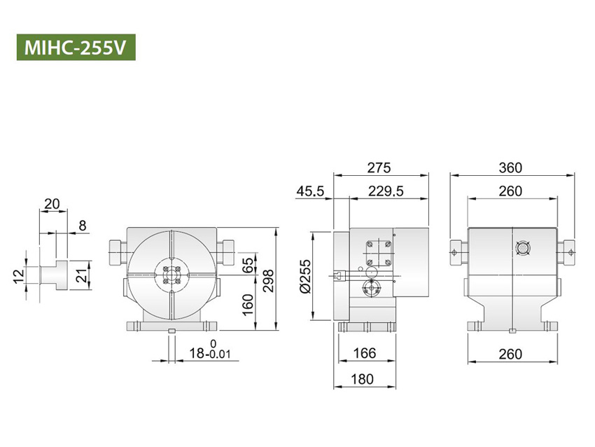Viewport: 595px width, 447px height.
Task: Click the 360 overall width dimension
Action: click(x=511, y=168)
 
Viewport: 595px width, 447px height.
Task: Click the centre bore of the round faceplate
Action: click(x=171, y=275)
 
